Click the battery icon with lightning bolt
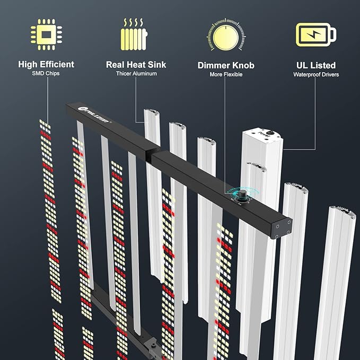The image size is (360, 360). tap(315, 35)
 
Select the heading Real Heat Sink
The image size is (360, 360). tap(136, 65)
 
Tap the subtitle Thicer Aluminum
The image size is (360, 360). tap(136, 74)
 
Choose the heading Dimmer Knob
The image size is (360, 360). tap(226, 66)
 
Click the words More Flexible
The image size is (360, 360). tap(226, 75)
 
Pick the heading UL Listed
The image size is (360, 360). tap(316, 65)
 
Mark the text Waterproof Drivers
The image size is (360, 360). tap(316, 75)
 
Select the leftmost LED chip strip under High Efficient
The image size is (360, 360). tap(50, 212)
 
